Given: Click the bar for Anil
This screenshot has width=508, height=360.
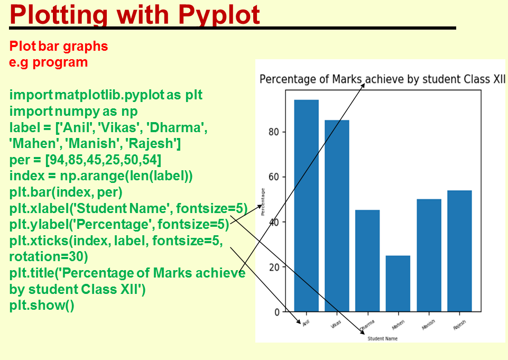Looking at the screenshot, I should click(306, 206).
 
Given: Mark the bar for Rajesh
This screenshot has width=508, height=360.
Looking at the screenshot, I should click(459, 251).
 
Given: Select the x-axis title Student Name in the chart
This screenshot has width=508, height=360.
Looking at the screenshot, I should click(382, 338).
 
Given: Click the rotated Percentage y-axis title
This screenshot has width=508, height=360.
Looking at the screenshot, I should click(263, 201).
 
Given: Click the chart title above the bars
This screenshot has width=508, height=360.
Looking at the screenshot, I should click(382, 79).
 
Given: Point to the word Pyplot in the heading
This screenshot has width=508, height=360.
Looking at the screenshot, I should click(219, 15).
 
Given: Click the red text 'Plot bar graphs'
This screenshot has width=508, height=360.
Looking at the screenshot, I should click(59, 47).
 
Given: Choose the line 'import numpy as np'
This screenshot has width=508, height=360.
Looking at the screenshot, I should click(73, 112).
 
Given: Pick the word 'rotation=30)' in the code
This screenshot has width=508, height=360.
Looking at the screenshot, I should click(49, 257).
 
